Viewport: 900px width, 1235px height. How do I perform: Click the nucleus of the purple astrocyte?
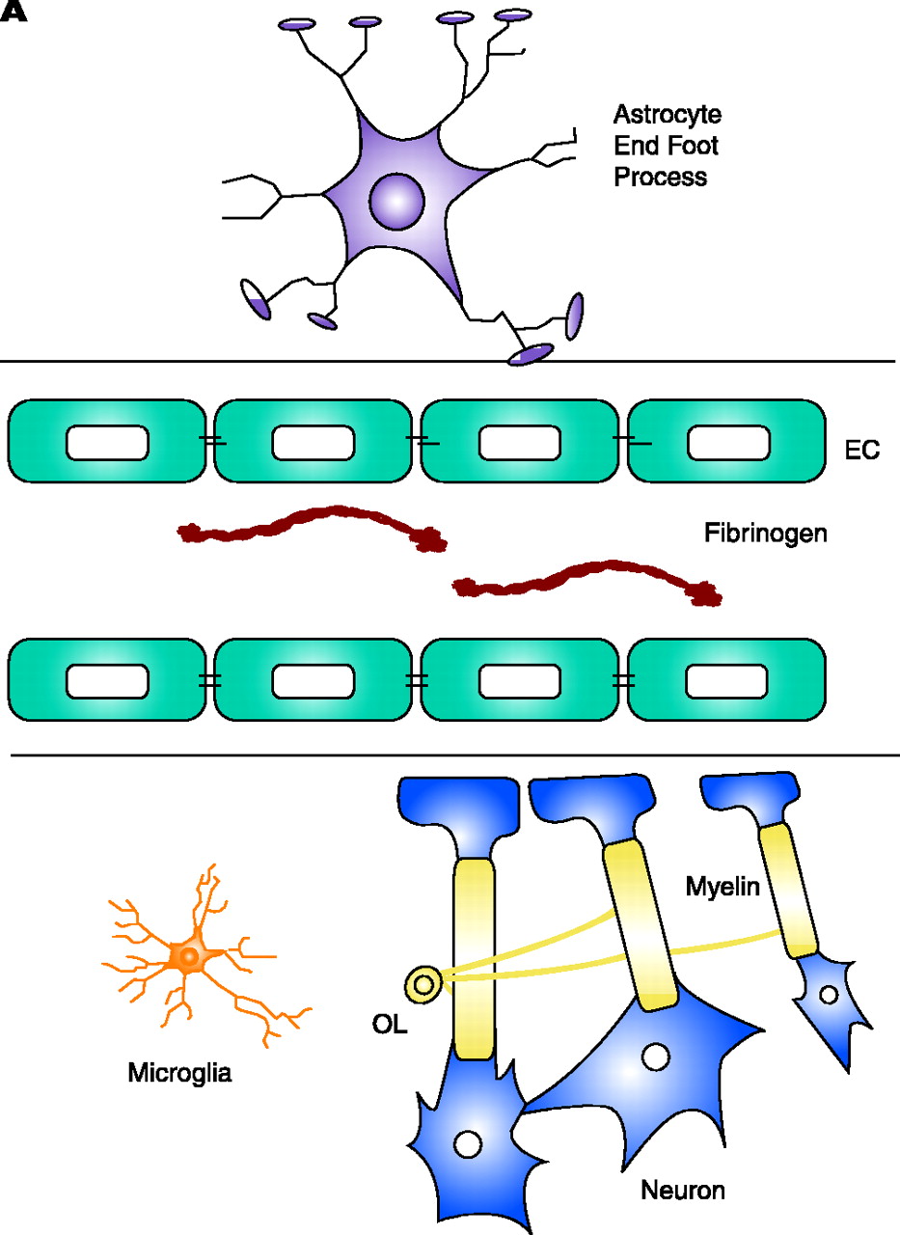point(397,200)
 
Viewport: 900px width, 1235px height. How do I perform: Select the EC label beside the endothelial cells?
point(861,451)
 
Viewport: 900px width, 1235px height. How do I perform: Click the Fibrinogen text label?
point(765,533)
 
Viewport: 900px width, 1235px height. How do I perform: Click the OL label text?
point(390,1024)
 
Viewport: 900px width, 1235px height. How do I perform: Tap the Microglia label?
point(179,1072)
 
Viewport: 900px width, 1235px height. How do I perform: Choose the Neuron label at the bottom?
point(683,1190)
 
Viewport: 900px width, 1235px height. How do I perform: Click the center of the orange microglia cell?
point(189,956)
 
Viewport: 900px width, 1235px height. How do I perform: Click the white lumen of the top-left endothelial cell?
point(107,442)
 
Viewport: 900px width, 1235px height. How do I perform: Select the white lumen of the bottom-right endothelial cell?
point(727,680)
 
